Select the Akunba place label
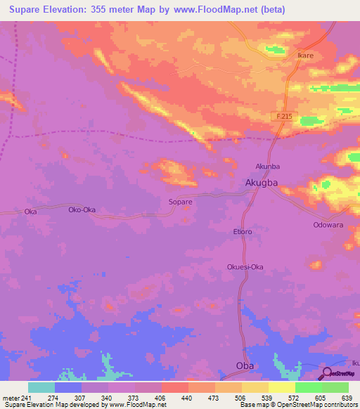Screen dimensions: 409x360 click(x=267, y=167)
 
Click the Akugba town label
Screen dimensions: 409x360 click(x=262, y=183)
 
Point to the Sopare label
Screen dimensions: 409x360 click(x=181, y=202)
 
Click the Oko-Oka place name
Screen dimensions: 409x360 click(x=82, y=210)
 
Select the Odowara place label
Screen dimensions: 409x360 click(x=328, y=225)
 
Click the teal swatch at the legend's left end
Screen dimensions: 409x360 click(x=41, y=387)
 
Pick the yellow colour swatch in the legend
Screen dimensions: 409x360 click(x=282, y=387)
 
